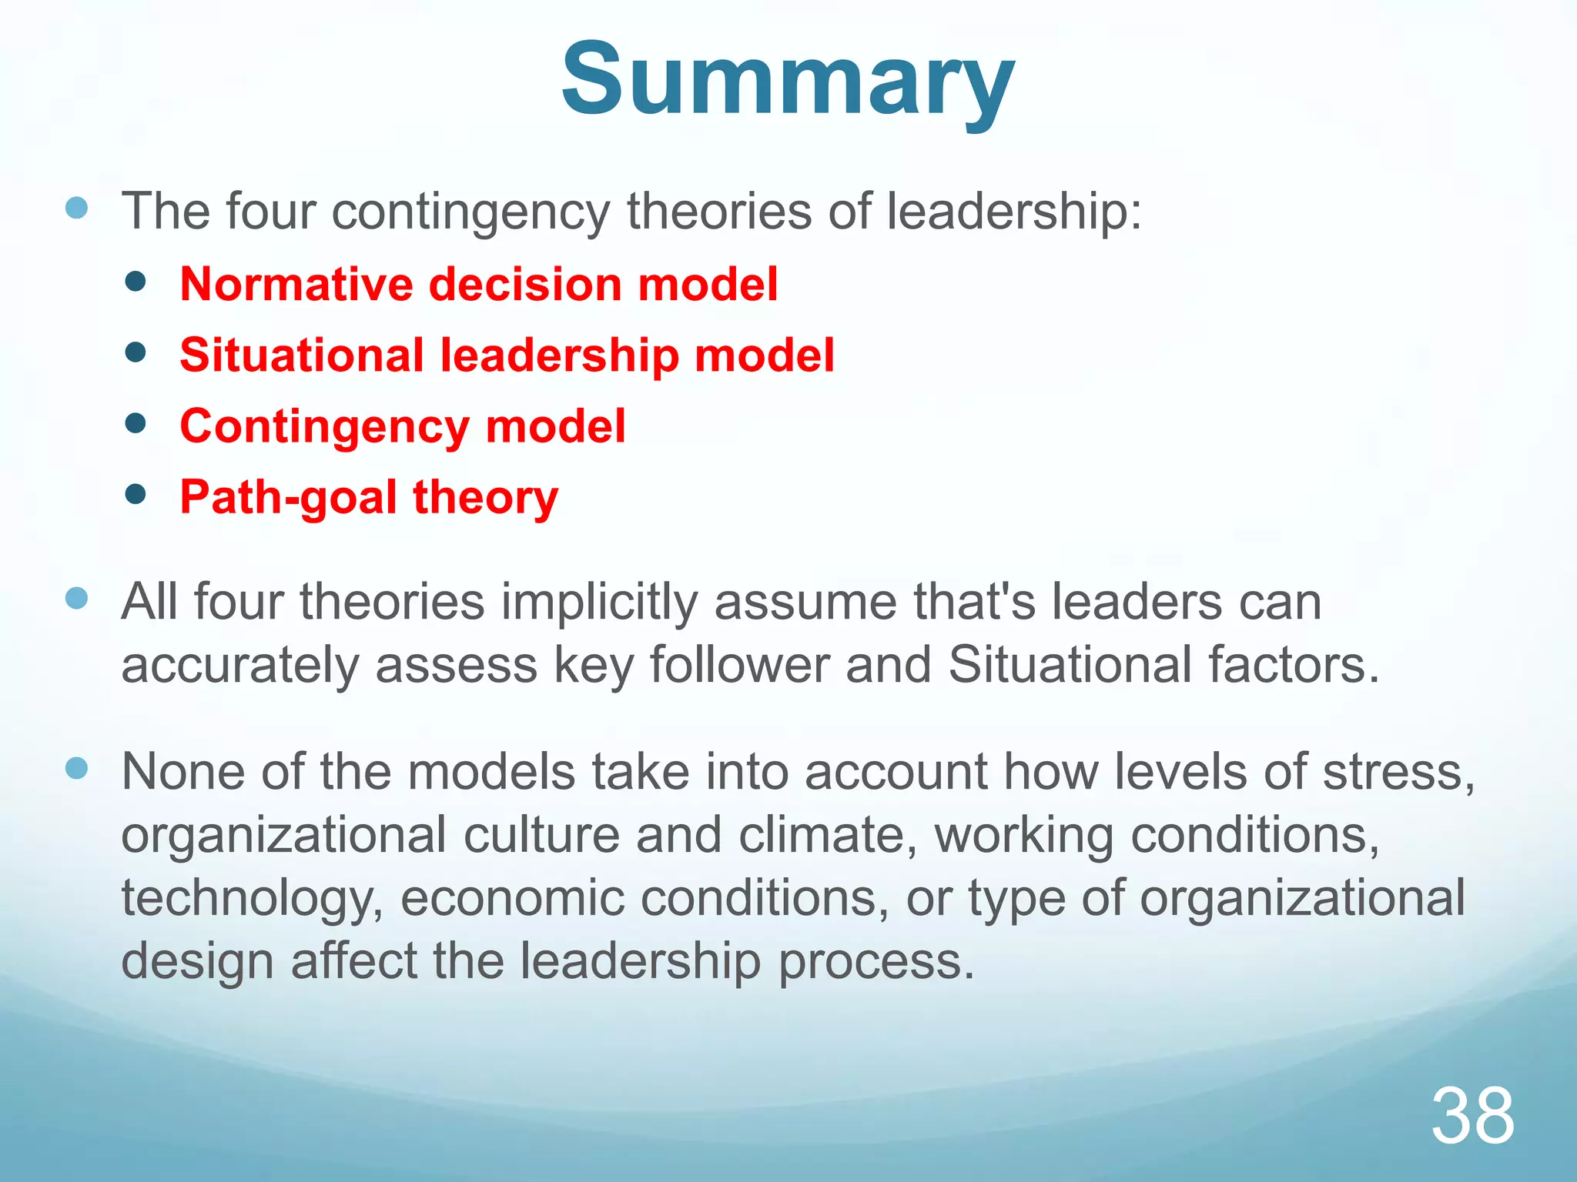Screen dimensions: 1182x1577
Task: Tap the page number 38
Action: (1472, 1116)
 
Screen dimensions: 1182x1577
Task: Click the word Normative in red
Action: (296, 284)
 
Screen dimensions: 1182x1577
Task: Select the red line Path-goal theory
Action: (369, 497)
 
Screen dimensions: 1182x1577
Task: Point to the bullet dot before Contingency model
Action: (136, 423)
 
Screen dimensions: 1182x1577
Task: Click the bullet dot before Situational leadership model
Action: (136, 352)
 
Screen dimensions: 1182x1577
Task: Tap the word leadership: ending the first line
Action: (1014, 211)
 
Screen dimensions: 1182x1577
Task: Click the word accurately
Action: (239, 665)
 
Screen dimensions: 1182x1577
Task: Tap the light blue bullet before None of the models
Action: (77, 768)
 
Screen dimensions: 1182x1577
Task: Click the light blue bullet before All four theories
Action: (77, 598)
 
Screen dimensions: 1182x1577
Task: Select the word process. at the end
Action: (876, 961)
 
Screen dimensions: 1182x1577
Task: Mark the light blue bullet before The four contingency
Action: (77, 208)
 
